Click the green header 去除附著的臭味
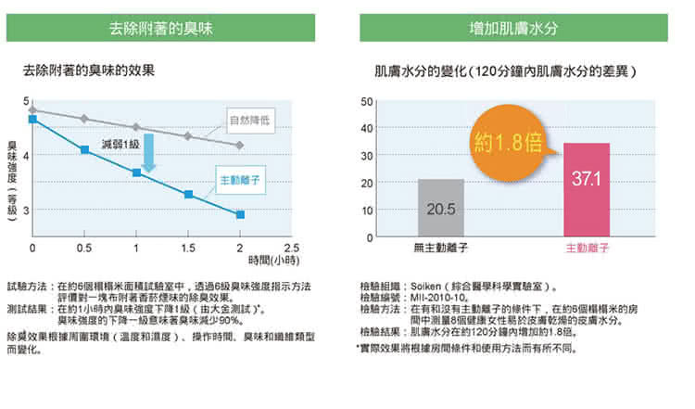click(x=168, y=28)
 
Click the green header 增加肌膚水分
click(x=512, y=28)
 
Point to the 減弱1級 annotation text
click(x=120, y=144)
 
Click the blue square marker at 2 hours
click(x=240, y=214)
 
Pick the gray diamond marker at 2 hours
click(x=240, y=146)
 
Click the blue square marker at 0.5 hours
click(x=84, y=149)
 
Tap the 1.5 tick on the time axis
click(x=188, y=248)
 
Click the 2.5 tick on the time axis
click(x=292, y=248)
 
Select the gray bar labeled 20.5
click(x=440, y=208)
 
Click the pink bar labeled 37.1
click(x=587, y=190)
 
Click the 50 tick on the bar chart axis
click(x=368, y=100)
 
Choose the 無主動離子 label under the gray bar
click(x=440, y=249)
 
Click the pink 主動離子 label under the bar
click(x=586, y=249)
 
